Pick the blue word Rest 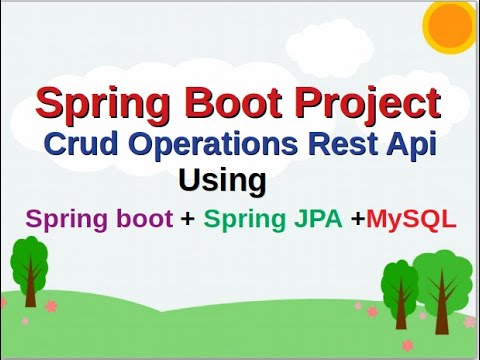point(354,143)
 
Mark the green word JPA point(317,219)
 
